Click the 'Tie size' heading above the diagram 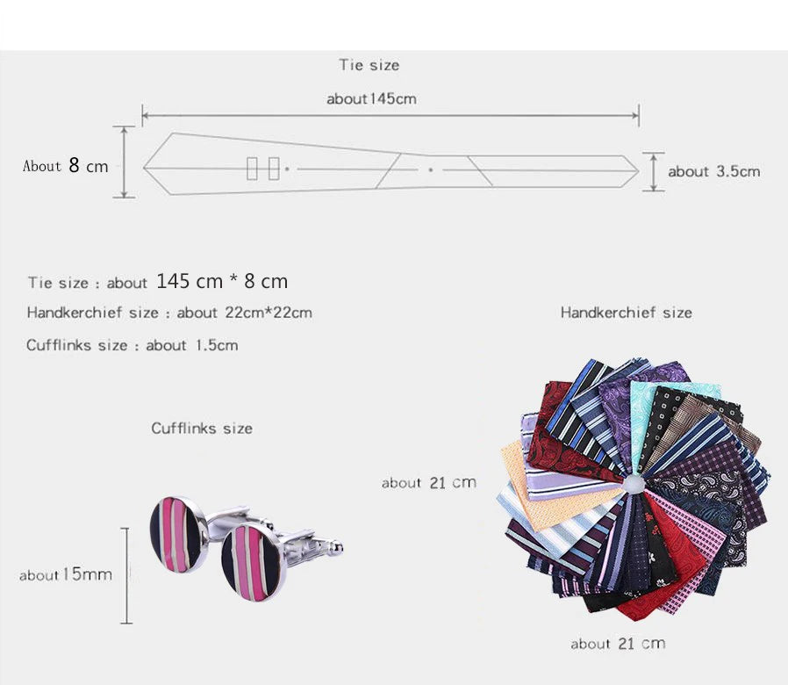point(369,65)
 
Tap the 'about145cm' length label point(371,98)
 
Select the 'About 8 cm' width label point(65,165)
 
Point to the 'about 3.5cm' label point(713,171)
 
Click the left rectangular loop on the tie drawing point(252,168)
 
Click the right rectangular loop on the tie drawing point(274,168)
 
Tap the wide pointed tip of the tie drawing point(144,168)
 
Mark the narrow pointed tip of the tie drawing point(639,171)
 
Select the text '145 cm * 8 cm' point(222,281)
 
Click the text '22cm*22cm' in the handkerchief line point(269,313)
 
